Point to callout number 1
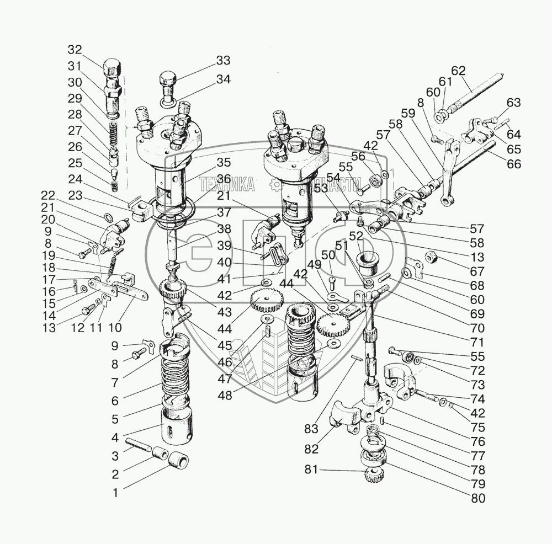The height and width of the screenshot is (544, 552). pos(115,493)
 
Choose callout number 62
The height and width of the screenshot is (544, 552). pos(458,71)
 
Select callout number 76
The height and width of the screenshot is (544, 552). pos(477,441)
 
